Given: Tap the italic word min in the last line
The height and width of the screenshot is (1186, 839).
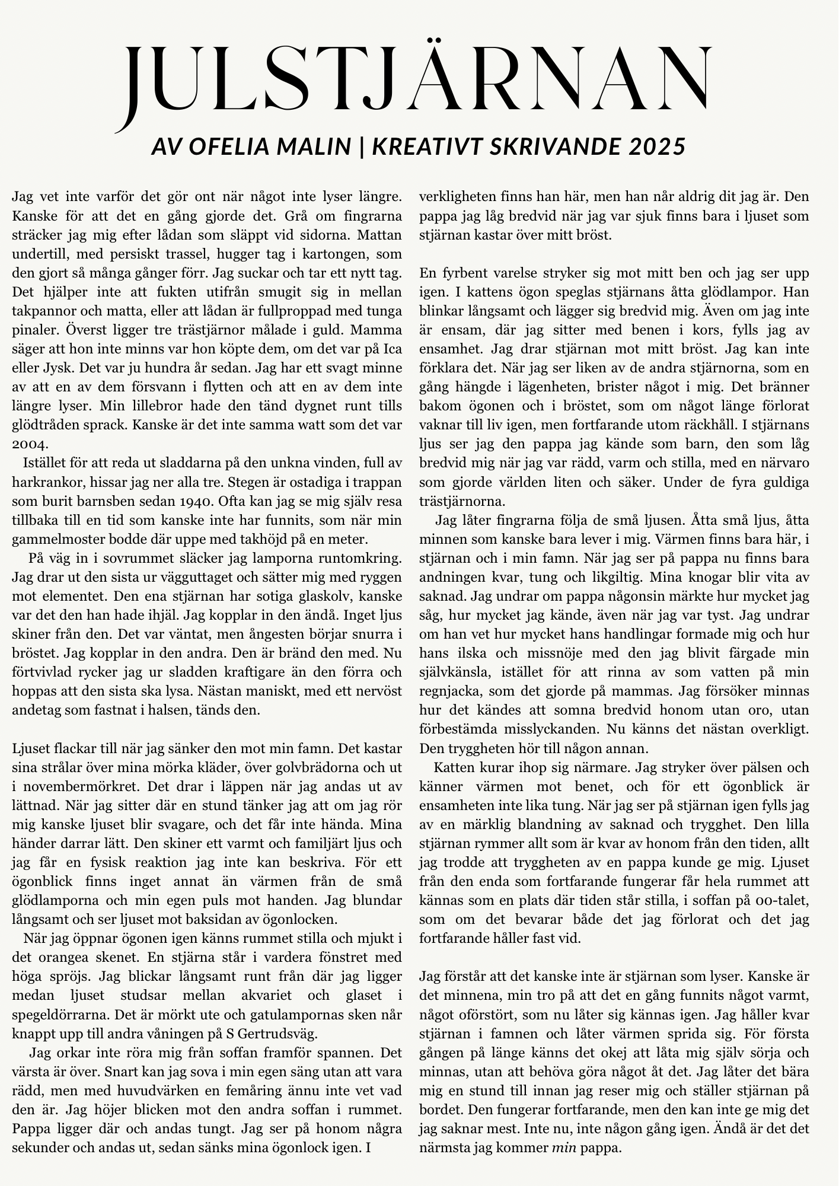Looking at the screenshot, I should [564, 1147].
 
